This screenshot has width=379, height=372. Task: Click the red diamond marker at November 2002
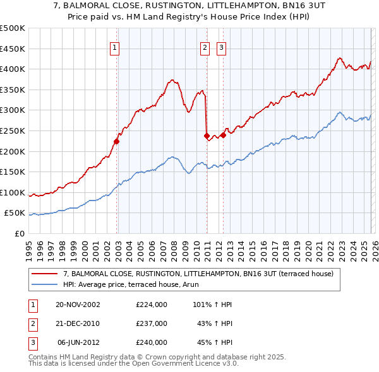pos(117,141)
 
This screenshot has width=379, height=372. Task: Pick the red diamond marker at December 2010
pos(207,136)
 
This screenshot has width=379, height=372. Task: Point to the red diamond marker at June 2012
pos(223,134)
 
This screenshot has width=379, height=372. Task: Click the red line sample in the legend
pos(45,274)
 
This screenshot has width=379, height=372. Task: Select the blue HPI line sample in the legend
pos(45,284)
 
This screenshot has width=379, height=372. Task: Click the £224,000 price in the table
pos(152,305)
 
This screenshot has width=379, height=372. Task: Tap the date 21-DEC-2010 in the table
pos(78,323)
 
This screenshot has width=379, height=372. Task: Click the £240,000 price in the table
pos(152,342)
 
